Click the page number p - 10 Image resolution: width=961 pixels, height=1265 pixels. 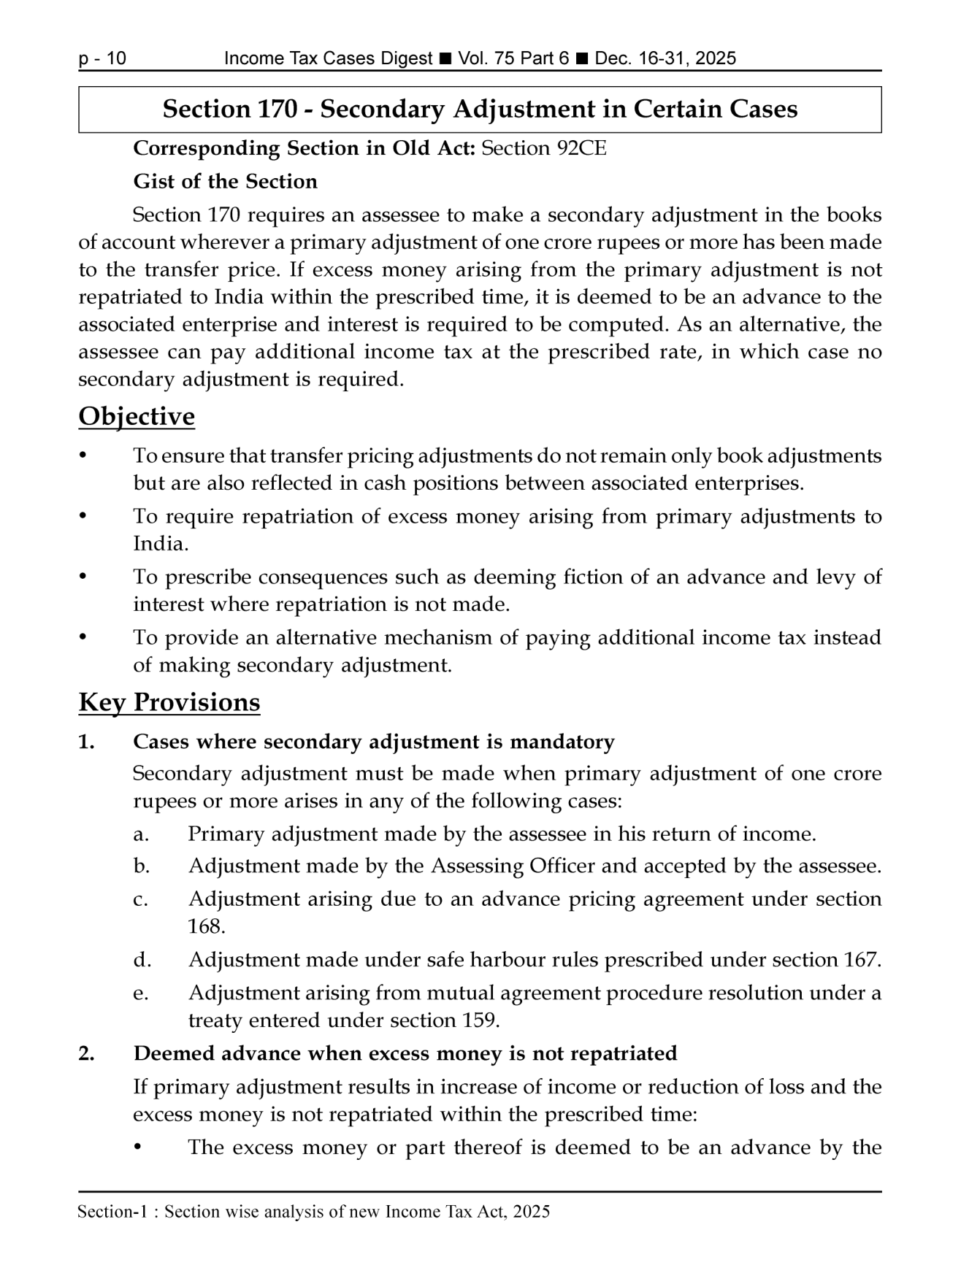tap(102, 59)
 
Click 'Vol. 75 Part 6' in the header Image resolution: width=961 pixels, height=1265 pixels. tap(513, 59)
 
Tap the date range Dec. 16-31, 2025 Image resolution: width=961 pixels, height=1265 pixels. tap(665, 59)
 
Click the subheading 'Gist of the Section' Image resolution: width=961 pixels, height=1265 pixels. tap(225, 182)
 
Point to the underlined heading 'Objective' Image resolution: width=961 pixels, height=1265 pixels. tap(137, 417)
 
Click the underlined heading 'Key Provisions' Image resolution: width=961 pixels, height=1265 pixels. tap(169, 702)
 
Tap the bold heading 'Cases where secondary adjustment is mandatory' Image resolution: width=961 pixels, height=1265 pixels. tap(373, 742)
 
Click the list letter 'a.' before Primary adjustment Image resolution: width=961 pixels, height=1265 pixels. tap(141, 834)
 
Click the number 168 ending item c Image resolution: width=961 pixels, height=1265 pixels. tap(204, 927)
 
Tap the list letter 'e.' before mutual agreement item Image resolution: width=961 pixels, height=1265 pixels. tap(141, 993)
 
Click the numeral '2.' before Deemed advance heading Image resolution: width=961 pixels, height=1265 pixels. tap(87, 1054)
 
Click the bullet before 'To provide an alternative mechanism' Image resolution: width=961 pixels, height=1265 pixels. tap(84, 638)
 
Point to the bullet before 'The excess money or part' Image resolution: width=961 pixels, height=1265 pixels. tap(139, 1148)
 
